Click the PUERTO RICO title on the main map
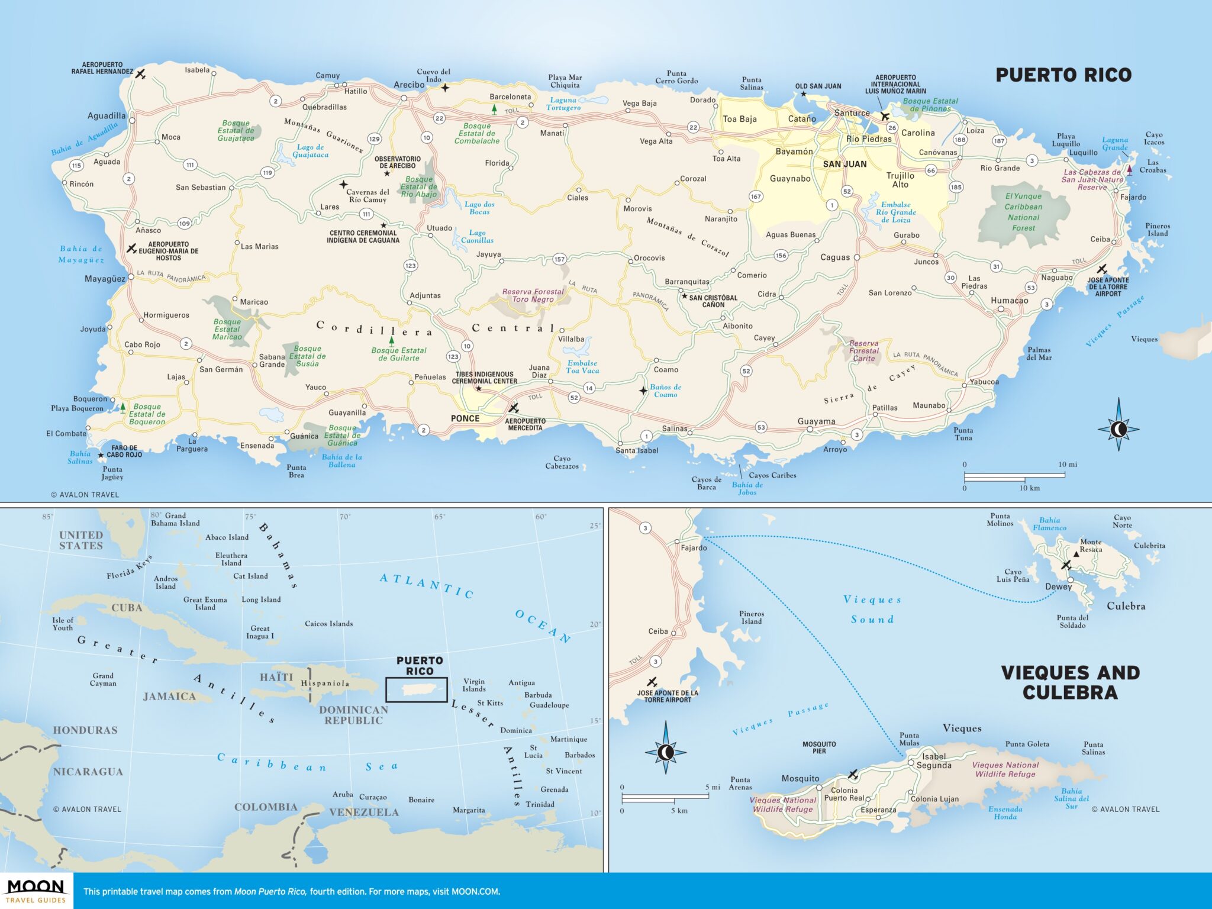pyautogui.click(x=1063, y=75)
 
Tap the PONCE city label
pyautogui.click(x=465, y=418)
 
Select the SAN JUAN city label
pyautogui.click(x=844, y=164)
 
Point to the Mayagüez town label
pyautogui.click(x=105, y=278)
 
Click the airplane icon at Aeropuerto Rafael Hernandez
pyautogui.click(x=140, y=74)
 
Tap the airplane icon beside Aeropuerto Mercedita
pyautogui.click(x=513, y=408)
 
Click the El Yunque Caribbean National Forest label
pyautogui.click(x=1023, y=212)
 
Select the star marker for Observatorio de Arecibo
pyautogui.click(x=387, y=173)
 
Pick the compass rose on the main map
pyautogui.click(x=1118, y=429)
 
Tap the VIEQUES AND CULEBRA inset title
pyautogui.click(x=1070, y=682)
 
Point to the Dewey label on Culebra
pyautogui.click(x=1058, y=586)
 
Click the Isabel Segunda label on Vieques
pyautogui.click(x=934, y=760)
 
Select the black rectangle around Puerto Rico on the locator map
pyautogui.click(x=416, y=690)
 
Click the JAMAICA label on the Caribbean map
pyautogui.click(x=169, y=697)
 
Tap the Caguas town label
pyautogui.click(x=834, y=257)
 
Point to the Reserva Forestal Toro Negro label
pyautogui.click(x=533, y=295)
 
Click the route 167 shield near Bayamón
pyautogui.click(x=756, y=196)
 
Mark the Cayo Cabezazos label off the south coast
pyautogui.click(x=562, y=462)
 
